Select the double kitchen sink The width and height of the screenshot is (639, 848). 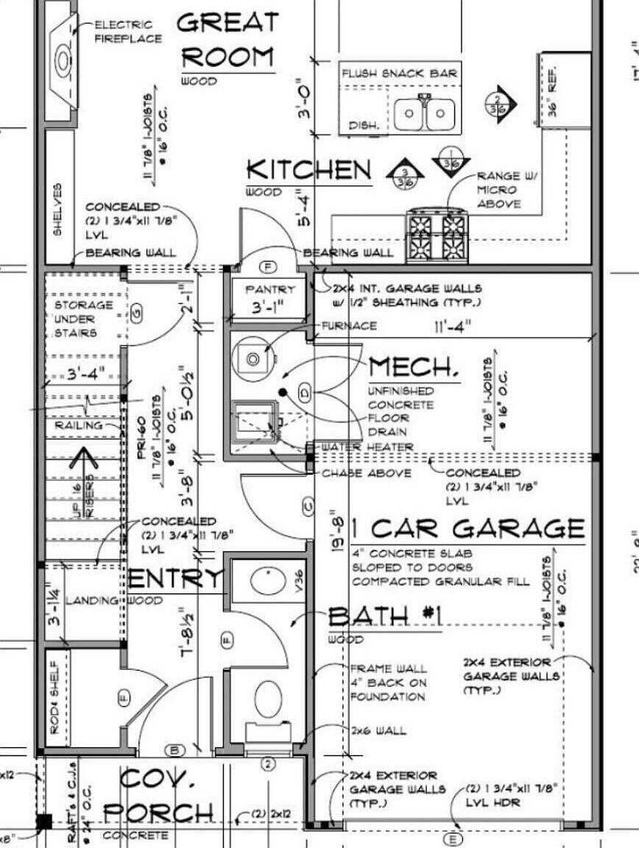tap(424, 114)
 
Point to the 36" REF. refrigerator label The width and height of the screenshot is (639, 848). tap(554, 94)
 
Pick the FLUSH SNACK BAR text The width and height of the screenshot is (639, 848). tap(400, 73)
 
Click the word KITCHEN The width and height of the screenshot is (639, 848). tap(308, 170)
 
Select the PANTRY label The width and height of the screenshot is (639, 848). tap(269, 289)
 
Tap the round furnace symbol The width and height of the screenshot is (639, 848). tap(253, 359)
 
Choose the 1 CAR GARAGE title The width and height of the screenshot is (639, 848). tap(467, 529)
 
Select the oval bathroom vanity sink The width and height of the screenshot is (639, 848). tap(268, 581)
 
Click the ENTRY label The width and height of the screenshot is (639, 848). tap(174, 579)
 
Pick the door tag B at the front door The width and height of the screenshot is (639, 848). tap(175, 751)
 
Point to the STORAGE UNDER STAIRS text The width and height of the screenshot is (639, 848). tap(83, 319)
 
